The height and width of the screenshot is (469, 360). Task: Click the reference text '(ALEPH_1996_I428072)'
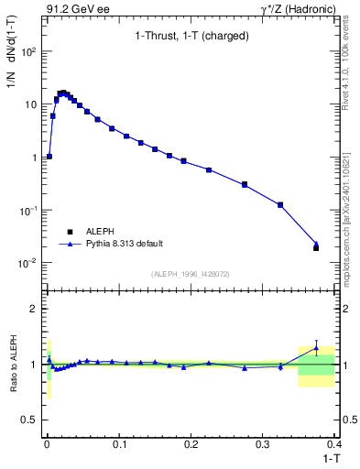[191, 273]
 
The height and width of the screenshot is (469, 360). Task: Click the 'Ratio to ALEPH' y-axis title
[14, 365]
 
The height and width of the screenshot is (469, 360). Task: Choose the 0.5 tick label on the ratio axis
[29, 420]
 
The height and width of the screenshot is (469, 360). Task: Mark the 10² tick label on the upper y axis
[28, 50]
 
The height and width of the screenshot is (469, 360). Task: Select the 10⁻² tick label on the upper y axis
[28, 263]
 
